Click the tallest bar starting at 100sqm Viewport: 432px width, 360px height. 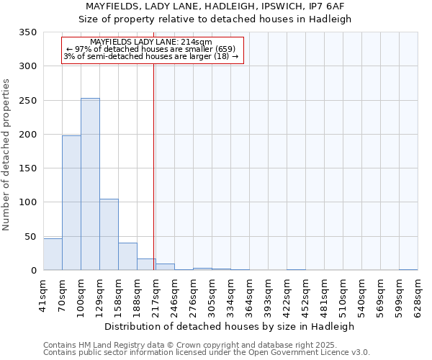[90, 184]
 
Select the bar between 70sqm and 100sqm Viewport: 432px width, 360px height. [71, 203]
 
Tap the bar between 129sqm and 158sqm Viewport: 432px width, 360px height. [109, 235]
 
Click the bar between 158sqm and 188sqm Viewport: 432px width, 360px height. [127, 256]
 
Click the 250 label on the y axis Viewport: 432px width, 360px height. [28, 101]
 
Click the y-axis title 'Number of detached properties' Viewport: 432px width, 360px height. [7, 155]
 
